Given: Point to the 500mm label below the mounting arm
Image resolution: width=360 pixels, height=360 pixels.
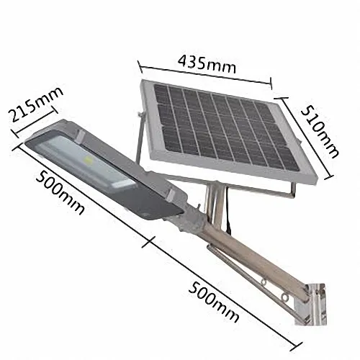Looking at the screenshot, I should [216, 296].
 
